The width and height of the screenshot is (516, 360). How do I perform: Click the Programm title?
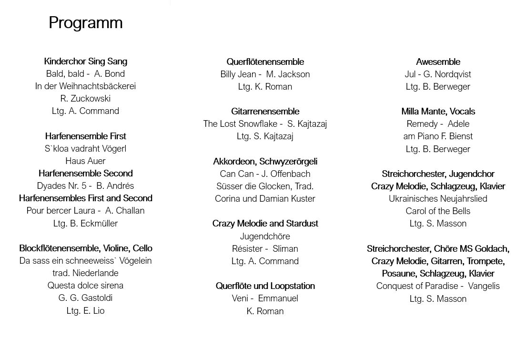pyautogui.click(x=86, y=22)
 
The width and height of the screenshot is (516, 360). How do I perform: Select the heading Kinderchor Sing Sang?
pyautogui.click(x=86, y=61)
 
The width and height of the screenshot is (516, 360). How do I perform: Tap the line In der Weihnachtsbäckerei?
pyautogui.click(x=86, y=86)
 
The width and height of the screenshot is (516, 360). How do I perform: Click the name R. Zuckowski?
pyautogui.click(x=86, y=98)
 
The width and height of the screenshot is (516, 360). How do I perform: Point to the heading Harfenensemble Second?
pyautogui.click(x=86, y=173)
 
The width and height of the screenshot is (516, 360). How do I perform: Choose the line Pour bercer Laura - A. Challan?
pyautogui.click(x=86, y=210)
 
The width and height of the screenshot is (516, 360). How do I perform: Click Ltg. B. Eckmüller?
pyautogui.click(x=86, y=223)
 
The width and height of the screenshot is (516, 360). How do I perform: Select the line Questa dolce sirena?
pyautogui.click(x=86, y=285)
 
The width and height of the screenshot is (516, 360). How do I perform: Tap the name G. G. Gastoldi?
pyautogui.click(x=86, y=298)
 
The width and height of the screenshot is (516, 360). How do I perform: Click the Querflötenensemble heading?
pyautogui.click(x=265, y=62)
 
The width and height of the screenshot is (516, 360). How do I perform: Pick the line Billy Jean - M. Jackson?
pyautogui.click(x=265, y=74)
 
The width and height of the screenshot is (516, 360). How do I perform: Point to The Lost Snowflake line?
pyautogui.click(x=265, y=123)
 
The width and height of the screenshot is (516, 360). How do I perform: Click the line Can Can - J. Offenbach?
pyautogui.click(x=265, y=174)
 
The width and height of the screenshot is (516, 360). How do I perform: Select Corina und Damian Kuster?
pyautogui.click(x=265, y=198)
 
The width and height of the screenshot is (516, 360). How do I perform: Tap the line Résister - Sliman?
pyautogui.click(x=265, y=248)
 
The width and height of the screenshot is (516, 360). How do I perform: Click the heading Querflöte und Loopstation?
pyautogui.click(x=265, y=286)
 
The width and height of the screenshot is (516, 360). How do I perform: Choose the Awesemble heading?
pyautogui.click(x=438, y=62)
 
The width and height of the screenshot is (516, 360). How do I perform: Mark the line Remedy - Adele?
pyautogui.click(x=438, y=123)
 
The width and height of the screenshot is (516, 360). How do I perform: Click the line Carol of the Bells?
pyautogui.click(x=438, y=211)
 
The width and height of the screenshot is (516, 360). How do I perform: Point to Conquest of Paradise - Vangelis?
pyautogui.click(x=438, y=286)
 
